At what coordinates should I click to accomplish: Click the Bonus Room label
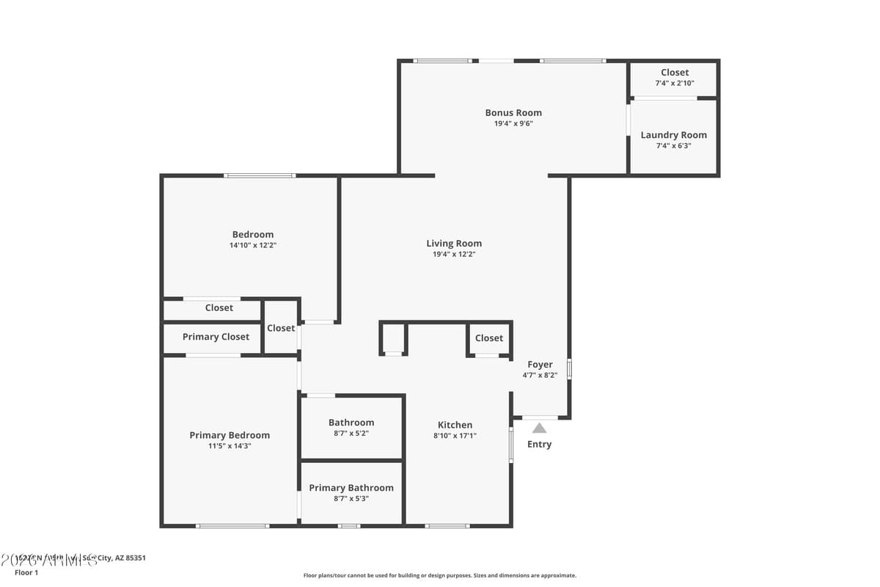click(513, 113)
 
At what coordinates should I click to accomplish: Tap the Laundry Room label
click(673, 135)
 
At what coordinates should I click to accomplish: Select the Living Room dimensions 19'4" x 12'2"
click(454, 255)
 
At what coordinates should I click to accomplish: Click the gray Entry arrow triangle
click(539, 428)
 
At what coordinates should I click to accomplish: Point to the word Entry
click(539, 445)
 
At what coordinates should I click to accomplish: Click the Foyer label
click(540, 365)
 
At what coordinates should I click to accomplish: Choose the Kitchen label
click(455, 425)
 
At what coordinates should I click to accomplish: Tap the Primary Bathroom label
click(351, 488)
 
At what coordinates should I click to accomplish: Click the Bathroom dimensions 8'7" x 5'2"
click(351, 434)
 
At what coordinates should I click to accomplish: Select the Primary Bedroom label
click(230, 435)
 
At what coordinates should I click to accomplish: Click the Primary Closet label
click(216, 337)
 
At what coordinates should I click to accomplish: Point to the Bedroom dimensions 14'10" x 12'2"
click(252, 246)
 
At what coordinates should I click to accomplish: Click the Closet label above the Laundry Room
click(674, 73)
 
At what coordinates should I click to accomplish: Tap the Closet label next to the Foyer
click(488, 338)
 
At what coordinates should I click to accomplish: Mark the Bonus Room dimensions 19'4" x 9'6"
click(513, 124)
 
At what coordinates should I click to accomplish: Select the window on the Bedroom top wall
click(260, 175)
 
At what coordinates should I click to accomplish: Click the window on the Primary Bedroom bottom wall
click(232, 525)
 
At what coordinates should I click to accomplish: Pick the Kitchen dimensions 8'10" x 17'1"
click(455, 436)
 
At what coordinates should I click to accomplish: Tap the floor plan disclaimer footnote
click(440, 576)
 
